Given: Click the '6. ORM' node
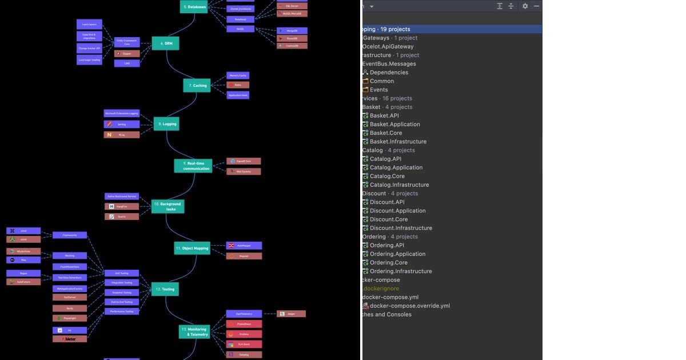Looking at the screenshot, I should pos(165,43).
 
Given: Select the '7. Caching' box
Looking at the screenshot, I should pos(197,86).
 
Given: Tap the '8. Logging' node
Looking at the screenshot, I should pos(166,123).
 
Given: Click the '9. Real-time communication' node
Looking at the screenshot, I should pos(193,166).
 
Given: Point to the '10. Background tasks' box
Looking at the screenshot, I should pos(167,206).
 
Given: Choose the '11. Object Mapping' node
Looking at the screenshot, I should pos(192,248).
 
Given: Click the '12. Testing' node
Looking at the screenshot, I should pos(165,289).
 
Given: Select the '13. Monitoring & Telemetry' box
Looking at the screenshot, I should pos(194,331).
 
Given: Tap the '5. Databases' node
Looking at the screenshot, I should pos(194,7).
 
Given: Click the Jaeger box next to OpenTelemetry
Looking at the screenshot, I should pos(292,314).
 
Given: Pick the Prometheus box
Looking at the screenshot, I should pos(244,324).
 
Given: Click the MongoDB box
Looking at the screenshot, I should pos(292,31).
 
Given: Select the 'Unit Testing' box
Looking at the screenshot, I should pos(121,273).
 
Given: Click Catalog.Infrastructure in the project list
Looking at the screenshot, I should pos(399,185).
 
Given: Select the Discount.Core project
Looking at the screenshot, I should pos(389,219).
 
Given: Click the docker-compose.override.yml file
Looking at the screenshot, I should pos(409,306).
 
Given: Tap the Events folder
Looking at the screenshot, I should pos(378,90).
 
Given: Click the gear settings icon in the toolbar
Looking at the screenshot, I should pos(525,6).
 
